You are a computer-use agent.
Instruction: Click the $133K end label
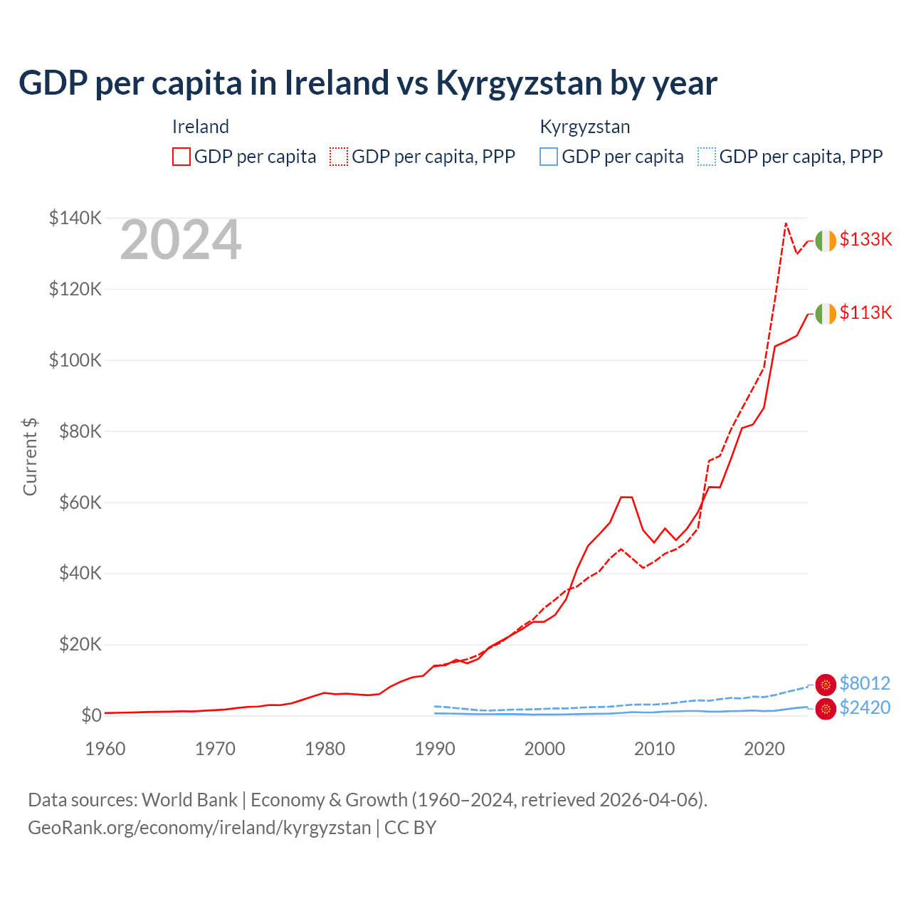[865, 239]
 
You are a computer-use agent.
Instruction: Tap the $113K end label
[865, 312]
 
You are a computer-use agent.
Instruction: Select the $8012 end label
[865, 683]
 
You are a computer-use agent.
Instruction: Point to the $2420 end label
[865, 707]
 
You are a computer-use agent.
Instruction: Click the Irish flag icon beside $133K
[825, 241]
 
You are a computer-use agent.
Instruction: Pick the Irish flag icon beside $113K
[825, 314]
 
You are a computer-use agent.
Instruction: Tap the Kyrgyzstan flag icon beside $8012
[826, 685]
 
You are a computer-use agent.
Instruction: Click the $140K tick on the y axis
[75, 218]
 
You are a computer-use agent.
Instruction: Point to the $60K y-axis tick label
[79, 502]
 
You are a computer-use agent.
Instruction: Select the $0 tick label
[91, 715]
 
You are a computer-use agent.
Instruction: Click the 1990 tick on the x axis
[435, 749]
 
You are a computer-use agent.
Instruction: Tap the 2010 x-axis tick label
[654, 749]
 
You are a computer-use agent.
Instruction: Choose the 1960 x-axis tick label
[105, 749]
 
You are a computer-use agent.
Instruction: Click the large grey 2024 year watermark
[181, 240]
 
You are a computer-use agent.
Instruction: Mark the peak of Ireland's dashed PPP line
[786, 223]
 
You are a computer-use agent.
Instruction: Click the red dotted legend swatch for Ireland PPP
[339, 157]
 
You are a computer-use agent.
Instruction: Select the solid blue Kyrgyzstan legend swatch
[549, 157]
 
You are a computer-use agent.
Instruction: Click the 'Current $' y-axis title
[30, 457]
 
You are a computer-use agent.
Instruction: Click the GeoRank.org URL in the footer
[199, 828]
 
